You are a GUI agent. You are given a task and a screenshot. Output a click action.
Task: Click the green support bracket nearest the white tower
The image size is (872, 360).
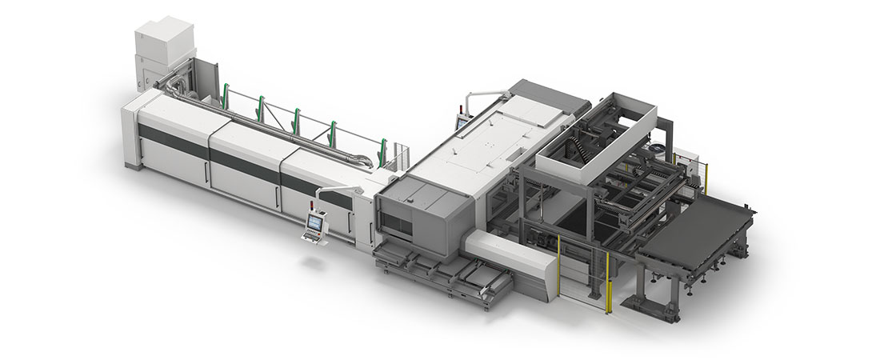(x=226, y=97)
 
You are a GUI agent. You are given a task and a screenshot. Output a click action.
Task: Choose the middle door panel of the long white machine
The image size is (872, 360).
(x=244, y=168)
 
